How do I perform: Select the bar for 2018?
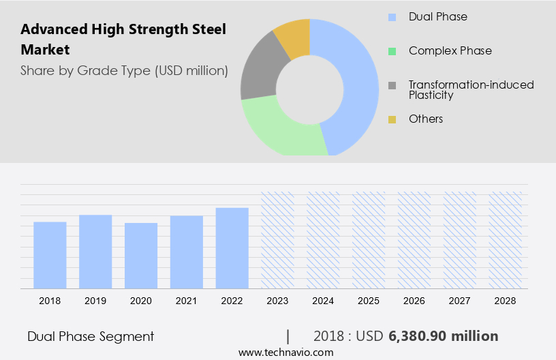pyautogui.click(x=50, y=254)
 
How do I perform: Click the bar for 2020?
pyautogui.click(x=141, y=255)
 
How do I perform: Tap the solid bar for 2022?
pyautogui.click(x=232, y=247)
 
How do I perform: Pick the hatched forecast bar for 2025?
pyautogui.click(x=369, y=239)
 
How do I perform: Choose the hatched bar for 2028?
pyautogui.click(x=506, y=239)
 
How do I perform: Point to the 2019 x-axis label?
pyautogui.click(x=95, y=300)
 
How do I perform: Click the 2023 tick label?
pyautogui.click(x=277, y=300)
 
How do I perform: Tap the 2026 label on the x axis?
pyautogui.click(x=414, y=300)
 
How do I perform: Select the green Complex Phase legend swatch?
pyautogui.click(x=392, y=51)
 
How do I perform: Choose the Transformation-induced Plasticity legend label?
pyautogui.click(x=471, y=89)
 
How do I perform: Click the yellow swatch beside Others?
pyautogui.click(x=392, y=119)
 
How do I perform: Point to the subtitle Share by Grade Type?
pyautogui.click(x=124, y=70)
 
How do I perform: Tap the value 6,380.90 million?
pyautogui.click(x=444, y=336)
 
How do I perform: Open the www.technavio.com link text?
pyautogui.click(x=285, y=352)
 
